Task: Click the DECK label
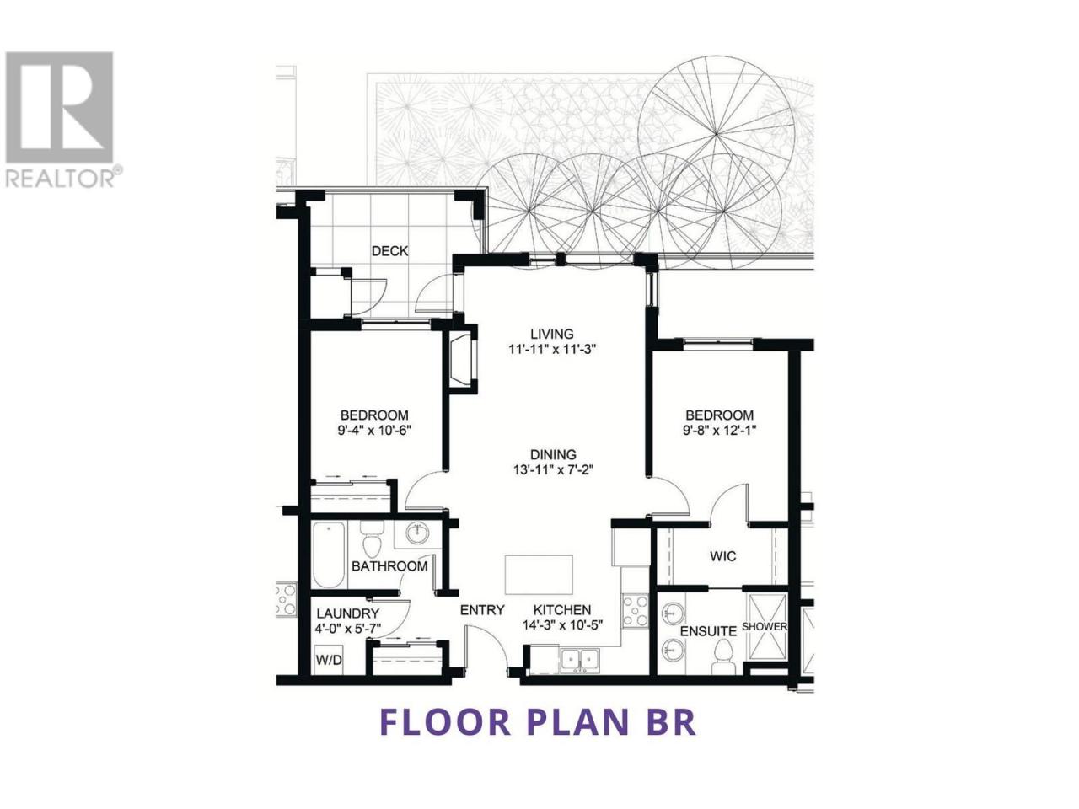pos(389,251)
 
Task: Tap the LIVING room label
pos(552,334)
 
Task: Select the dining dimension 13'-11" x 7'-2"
pos(553,470)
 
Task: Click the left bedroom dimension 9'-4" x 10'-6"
pos(374,431)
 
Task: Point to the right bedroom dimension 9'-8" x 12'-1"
pos(720,431)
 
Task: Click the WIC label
pos(723,556)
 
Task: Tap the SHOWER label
pos(764,627)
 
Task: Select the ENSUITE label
pos(708,631)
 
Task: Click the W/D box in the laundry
pos(329,660)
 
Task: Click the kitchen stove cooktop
pos(636,611)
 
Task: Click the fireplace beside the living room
pos(463,360)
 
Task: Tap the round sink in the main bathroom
pos(418,532)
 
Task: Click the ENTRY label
pos(482,610)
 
